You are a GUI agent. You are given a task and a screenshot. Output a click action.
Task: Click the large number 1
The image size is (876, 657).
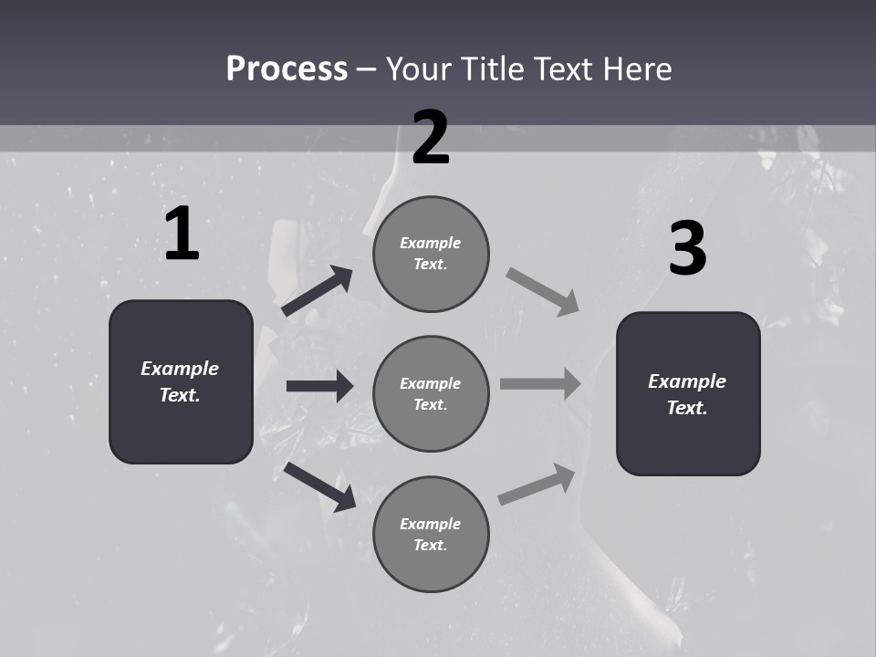click(182, 235)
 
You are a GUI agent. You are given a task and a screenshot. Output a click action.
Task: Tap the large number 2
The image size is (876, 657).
click(431, 138)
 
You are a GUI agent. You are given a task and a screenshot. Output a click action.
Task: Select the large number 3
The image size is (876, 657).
click(688, 248)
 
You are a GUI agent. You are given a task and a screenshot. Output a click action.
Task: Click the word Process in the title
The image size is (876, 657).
click(287, 68)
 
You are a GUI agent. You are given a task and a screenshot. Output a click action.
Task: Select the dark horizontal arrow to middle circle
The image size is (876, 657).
click(319, 386)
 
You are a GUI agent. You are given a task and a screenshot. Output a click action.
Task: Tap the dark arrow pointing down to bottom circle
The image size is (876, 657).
click(320, 486)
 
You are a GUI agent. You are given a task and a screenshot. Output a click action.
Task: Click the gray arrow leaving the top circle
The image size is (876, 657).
click(543, 291)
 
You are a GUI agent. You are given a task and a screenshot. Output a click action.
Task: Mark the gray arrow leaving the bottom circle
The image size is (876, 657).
click(537, 484)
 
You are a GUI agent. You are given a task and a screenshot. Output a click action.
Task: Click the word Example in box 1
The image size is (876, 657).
click(180, 369)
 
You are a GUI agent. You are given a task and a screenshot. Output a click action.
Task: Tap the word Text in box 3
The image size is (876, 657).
click(685, 408)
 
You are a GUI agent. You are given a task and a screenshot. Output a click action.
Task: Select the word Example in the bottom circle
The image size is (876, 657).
click(430, 524)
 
